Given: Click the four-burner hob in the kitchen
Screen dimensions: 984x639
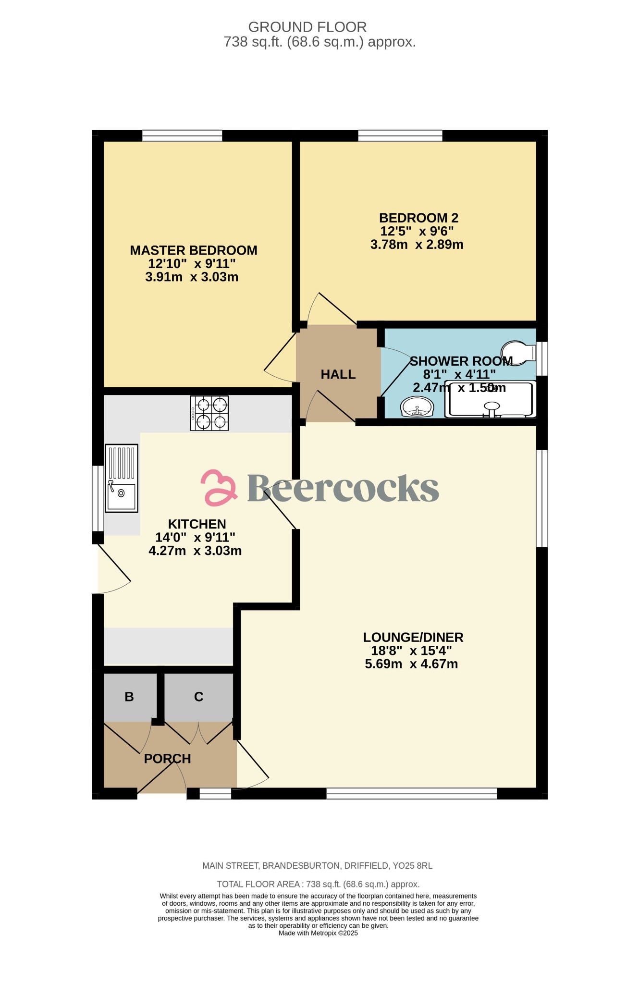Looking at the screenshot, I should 209,413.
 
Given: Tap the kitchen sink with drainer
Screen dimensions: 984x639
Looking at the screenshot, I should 121,478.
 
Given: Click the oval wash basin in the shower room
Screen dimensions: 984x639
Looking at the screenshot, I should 417,407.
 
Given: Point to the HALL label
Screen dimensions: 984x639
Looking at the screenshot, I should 338,375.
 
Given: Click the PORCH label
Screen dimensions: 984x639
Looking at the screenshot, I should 167,759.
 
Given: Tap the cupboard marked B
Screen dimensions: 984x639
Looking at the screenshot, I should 129,697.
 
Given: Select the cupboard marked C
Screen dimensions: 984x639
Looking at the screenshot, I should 199,697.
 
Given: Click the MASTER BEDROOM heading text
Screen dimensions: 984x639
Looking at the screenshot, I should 194,250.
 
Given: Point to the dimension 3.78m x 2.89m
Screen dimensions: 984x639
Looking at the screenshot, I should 417,245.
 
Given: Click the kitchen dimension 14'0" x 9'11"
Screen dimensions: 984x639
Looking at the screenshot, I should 195,537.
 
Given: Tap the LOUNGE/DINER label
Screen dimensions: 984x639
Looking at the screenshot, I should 413,638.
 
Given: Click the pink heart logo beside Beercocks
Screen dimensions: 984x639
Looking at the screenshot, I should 219,488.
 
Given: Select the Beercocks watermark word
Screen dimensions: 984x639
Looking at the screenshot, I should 343,488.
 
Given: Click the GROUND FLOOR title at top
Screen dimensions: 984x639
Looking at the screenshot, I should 307,27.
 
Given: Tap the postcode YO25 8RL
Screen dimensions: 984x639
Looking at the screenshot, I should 412,866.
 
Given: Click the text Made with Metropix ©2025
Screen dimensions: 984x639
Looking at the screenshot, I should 318,933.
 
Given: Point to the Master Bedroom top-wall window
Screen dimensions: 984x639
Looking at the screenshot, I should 182,135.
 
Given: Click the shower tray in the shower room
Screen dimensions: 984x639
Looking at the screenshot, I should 490,399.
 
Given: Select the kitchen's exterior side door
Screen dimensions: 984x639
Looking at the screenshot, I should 113,569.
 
